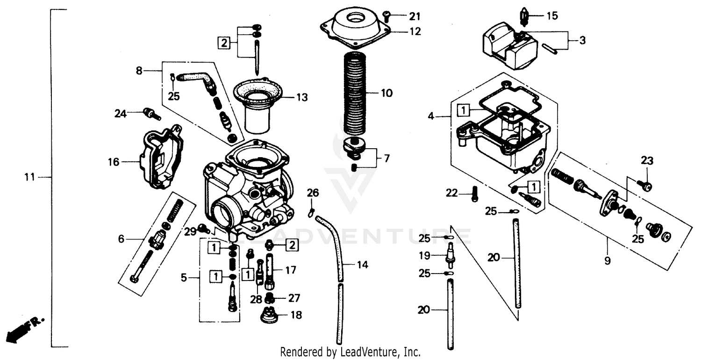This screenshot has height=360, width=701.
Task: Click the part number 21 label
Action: coord(415,17)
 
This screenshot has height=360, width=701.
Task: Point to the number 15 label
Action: coord(552,16)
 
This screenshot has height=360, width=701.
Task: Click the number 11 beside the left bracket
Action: coord(30,177)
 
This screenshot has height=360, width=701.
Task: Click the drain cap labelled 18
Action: coord(269,316)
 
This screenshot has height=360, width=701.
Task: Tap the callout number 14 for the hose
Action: coord(362,265)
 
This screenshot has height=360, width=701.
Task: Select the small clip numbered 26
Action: coord(311,212)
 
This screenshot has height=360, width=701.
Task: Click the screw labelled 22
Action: coord(475,193)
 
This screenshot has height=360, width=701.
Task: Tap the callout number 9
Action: coord(607,261)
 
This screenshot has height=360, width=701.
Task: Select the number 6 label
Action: coord(121,239)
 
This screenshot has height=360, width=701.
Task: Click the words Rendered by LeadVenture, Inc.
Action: coord(350,352)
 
